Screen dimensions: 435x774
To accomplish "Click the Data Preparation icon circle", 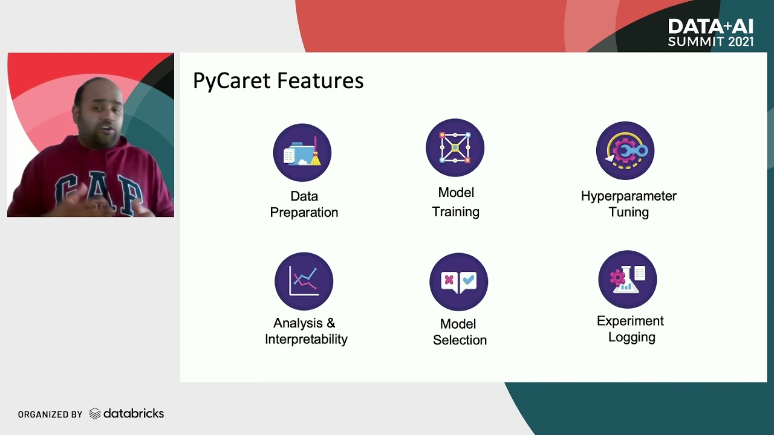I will click(x=302, y=153).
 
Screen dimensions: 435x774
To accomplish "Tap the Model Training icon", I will click(x=455, y=148).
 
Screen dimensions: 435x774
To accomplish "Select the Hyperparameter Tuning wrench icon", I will click(x=625, y=150).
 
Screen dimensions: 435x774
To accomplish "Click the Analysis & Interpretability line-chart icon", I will click(x=304, y=281).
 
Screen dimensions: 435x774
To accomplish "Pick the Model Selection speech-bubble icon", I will click(x=459, y=282).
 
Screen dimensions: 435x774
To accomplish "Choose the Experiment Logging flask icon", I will click(x=627, y=279).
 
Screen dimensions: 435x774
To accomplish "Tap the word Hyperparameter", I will click(x=628, y=196).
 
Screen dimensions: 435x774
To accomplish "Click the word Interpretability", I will click(x=306, y=340).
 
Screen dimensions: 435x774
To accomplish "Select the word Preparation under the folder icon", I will click(x=304, y=213).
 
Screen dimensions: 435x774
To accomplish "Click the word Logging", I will click(x=631, y=338).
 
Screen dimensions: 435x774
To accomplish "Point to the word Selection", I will click(x=460, y=340).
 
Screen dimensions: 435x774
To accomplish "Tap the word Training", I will click(x=455, y=212).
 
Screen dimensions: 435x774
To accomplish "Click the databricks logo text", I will click(x=133, y=414).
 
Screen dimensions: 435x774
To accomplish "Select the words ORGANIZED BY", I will click(x=50, y=414).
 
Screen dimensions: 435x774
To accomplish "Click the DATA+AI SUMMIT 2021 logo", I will click(x=711, y=33).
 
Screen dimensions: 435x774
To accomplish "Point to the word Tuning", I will click(x=628, y=212).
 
